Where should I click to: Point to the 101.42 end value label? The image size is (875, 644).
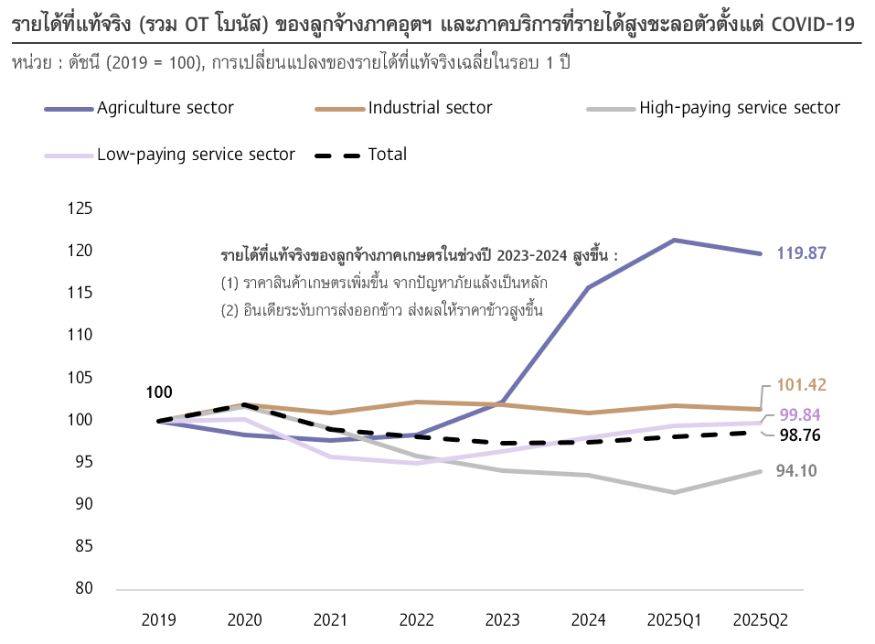coord(802,385)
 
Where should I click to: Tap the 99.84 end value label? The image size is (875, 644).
coord(799,414)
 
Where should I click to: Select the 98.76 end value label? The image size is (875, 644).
coord(799,435)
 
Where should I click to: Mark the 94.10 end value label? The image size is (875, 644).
coord(796,472)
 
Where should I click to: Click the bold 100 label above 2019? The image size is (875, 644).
coord(158,392)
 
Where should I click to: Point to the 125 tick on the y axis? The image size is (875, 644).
coord(81,209)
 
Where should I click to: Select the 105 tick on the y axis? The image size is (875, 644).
coord(81,378)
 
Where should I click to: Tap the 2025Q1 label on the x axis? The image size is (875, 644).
coord(674,620)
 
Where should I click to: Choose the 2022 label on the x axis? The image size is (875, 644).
coord(416,620)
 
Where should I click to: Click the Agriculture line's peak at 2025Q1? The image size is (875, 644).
coord(674,241)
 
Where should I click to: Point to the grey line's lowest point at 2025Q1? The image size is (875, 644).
coord(674,492)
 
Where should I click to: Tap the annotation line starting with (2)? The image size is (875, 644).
coord(382,310)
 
